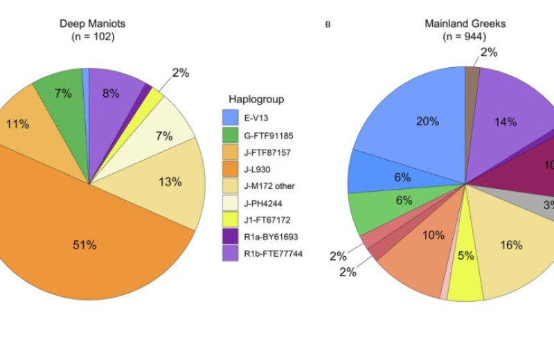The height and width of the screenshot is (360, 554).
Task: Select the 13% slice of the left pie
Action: click(169, 181)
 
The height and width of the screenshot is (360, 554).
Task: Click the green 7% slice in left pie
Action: click(62, 93)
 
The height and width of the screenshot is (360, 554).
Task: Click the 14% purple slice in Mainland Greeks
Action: click(506, 122)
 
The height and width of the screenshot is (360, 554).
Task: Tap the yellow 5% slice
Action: click(466, 256)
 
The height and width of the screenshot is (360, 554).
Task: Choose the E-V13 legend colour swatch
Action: click(233, 118)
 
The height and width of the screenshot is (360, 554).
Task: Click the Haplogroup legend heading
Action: click(256, 99)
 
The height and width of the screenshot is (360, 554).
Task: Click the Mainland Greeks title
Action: click(465, 24)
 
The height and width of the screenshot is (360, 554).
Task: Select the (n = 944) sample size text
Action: click(465, 37)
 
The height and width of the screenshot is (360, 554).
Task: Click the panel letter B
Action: click(328, 25)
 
